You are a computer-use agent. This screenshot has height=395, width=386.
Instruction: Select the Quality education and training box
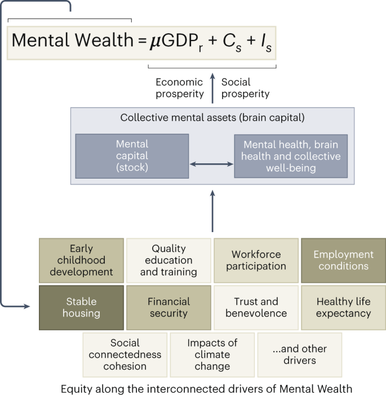coord(168,260)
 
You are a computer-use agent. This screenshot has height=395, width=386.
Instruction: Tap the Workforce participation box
coord(256,260)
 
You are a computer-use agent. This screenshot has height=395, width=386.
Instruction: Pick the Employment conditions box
coord(343,260)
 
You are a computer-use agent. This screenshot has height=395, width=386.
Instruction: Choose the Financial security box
coord(168,307)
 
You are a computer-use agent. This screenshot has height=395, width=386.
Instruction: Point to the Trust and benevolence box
coord(256,307)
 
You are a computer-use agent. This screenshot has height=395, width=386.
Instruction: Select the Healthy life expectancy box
coord(343,307)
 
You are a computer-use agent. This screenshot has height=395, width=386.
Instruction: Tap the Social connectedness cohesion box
coord(125,354)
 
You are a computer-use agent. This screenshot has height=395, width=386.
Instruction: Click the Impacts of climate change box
coord(212,354)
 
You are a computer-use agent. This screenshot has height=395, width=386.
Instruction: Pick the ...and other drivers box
coord(299,354)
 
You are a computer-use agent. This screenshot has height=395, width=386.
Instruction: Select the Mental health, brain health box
coord(291,156)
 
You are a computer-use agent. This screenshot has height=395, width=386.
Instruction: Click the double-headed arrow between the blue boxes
coord(211,164)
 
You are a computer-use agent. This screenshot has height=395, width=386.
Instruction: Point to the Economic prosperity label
coord(179,88)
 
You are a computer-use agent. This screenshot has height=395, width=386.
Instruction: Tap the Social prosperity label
coord(245,88)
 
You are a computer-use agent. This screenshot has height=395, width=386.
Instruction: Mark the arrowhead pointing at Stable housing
coord(26,307)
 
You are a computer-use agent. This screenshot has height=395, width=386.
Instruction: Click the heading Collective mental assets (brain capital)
coord(212,118)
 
